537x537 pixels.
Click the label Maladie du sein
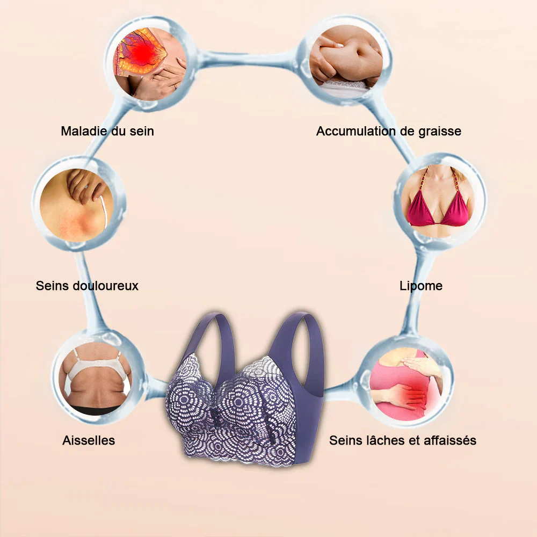pyautogui.click(x=107, y=131)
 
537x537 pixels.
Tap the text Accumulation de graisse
pyautogui.click(x=389, y=131)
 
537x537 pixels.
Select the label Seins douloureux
pyautogui.click(x=87, y=286)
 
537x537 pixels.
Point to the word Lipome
pyautogui.click(x=421, y=286)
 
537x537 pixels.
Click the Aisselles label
pyautogui.click(x=89, y=440)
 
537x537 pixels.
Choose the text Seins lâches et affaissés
pyautogui.click(x=403, y=440)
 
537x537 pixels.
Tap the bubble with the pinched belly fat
pyautogui.click(x=346, y=60)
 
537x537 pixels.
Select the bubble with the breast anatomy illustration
pyautogui.click(x=150, y=63)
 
